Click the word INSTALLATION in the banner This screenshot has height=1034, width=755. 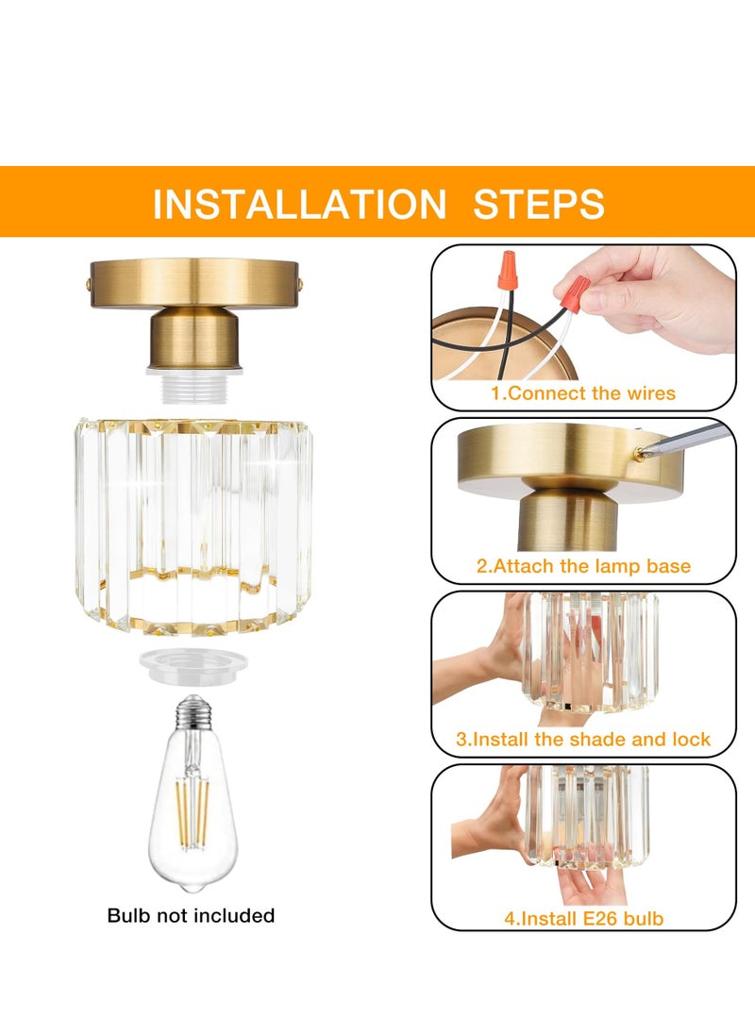point(299,204)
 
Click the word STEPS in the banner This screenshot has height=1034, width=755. point(539,204)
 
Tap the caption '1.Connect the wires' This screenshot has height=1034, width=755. point(582,392)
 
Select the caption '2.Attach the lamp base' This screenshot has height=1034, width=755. point(582,566)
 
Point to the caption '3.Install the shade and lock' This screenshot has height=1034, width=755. point(582,739)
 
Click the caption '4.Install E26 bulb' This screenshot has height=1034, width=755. point(582,916)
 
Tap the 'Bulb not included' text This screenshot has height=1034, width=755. point(191,915)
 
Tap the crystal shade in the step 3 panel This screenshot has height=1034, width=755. point(590,651)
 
